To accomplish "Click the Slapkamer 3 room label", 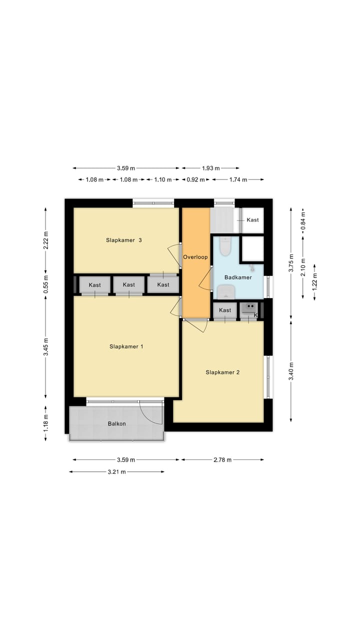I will (x=124, y=240).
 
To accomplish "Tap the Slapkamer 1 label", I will (x=126, y=346).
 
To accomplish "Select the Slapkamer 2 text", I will (x=222, y=372).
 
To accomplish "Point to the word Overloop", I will (x=195, y=257).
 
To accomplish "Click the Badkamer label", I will (x=237, y=277).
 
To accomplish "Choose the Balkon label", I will (x=116, y=423).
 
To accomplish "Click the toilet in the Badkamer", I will (x=225, y=246).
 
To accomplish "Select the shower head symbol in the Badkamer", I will (x=252, y=267).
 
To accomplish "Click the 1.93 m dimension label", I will (x=210, y=168).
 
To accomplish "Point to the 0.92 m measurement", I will (x=194, y=179).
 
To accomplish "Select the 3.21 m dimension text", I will (x=116, y=471).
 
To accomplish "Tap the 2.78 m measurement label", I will (x=222, y=459).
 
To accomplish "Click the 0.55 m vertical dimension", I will (x=46, y=284).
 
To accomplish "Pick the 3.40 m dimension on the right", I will (x=291, y=370).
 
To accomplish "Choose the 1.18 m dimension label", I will (x=46, y=423).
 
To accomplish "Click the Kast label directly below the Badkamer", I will (x=225, y=310).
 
